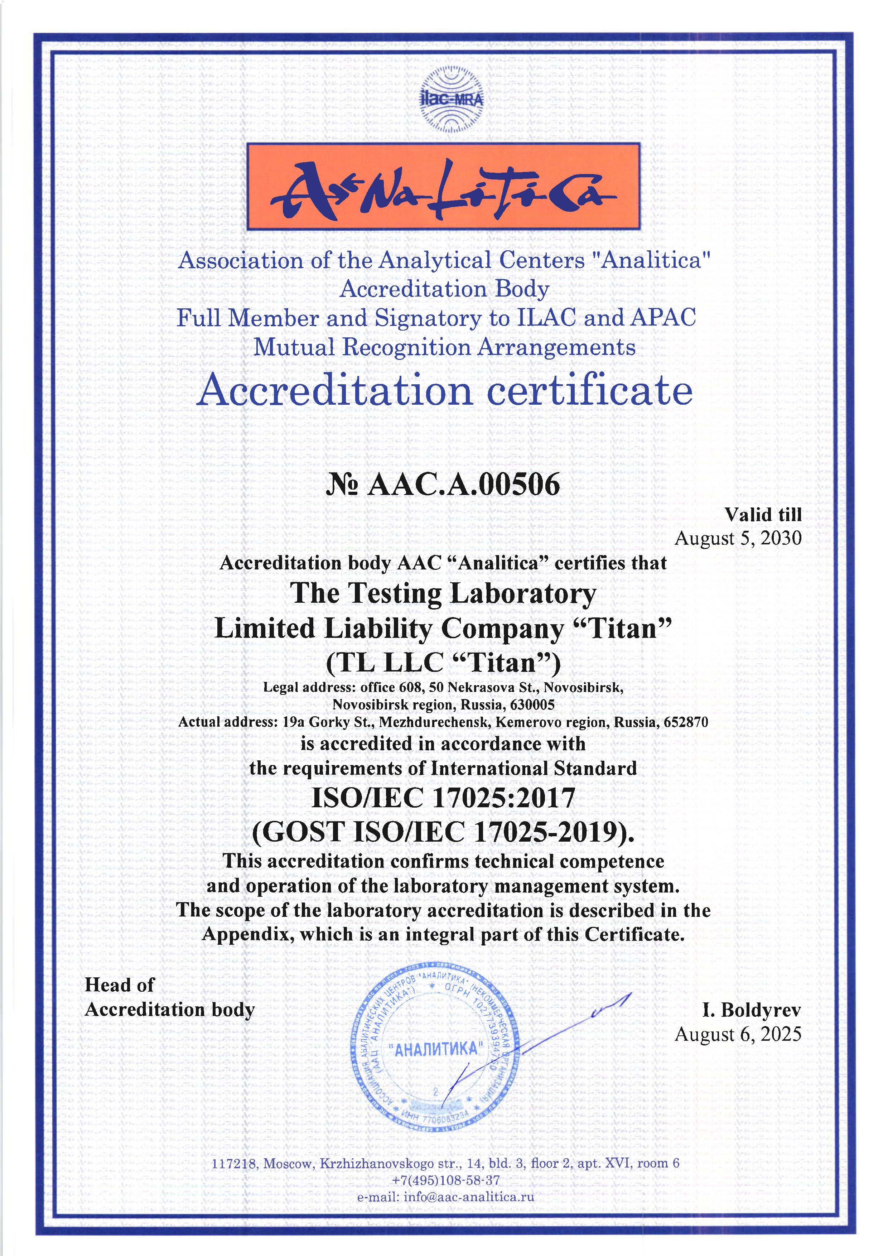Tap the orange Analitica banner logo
(x=443, y=187)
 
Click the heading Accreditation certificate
(x=444, y=391)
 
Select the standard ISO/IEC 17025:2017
(x=443, y=798)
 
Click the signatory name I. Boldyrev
(x=751, y=1010)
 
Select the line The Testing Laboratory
(x=443, y=593)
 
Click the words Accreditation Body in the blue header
(x=444, y=289)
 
